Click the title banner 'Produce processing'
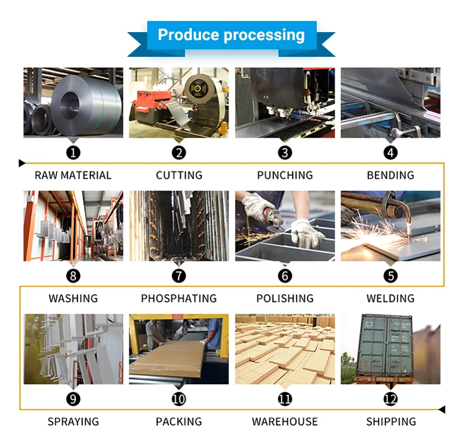tap(231, 35)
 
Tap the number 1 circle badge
tap(74, 152)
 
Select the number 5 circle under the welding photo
tap(390, 276)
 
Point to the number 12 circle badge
tap(390, 399)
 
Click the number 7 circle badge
tap(179, 276)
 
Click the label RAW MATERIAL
tap(73, 175)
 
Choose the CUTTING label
tap(179, 175)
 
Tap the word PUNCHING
tap(285, 175)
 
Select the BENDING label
tap(390, 175)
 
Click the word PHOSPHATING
tap(179, 298)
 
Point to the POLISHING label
tap(285, 298)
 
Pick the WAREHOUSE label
tap(285, 422)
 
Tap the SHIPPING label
tap(390, 422)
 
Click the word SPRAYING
tap(73, 422)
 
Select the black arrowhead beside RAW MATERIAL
tap(22, 163)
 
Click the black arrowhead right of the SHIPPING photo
tap(442, 409)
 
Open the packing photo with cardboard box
tap(179, 349)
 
